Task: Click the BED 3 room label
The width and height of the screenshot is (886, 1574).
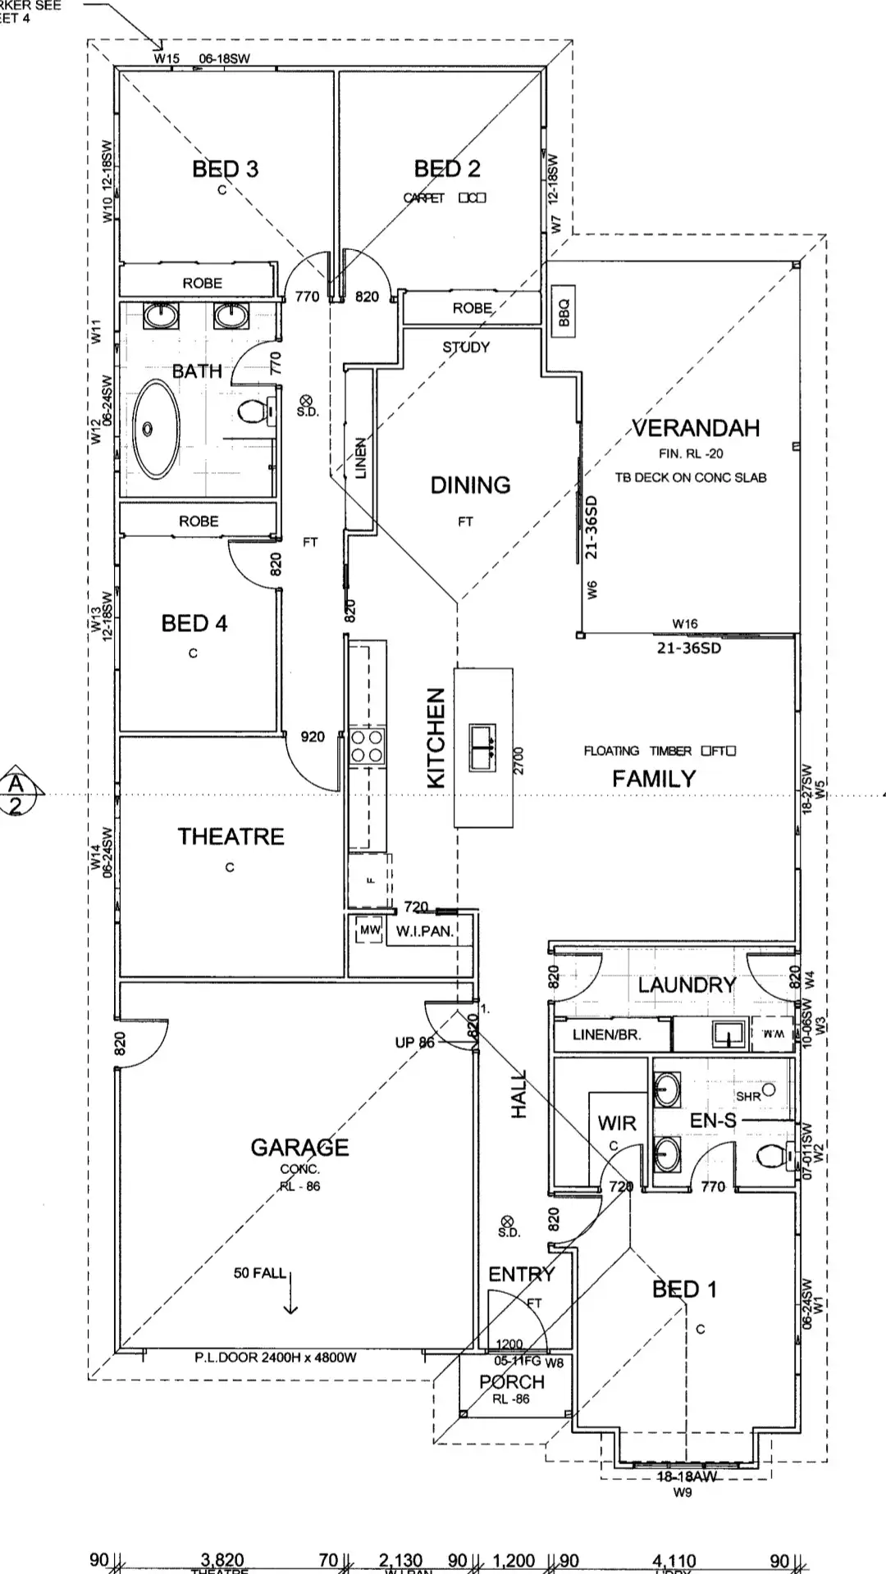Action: pos(225,169)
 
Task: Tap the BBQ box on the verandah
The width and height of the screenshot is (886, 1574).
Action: pos(564,311)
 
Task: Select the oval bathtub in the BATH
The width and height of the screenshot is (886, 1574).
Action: pos(156,430)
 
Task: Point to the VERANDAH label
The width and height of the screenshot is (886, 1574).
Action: pos(696,428)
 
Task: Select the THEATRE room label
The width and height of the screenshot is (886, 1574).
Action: pos(231,836)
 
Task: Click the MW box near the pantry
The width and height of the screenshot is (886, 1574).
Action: pos(370,930)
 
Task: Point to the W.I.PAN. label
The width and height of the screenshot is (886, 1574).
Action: pos(424,931)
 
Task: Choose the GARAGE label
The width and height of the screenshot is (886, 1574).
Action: pos(299,1147)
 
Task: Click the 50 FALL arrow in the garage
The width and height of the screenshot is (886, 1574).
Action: pos(290,1294)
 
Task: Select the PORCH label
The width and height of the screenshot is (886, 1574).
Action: pos(511,1381)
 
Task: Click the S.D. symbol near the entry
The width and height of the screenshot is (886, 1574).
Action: pos(506,1221)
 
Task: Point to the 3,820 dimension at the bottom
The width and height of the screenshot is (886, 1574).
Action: pos(221,1560)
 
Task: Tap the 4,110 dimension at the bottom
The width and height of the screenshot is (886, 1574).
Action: pos(674,1561)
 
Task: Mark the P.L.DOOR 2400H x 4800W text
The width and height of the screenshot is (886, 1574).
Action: pos(276,1358)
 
